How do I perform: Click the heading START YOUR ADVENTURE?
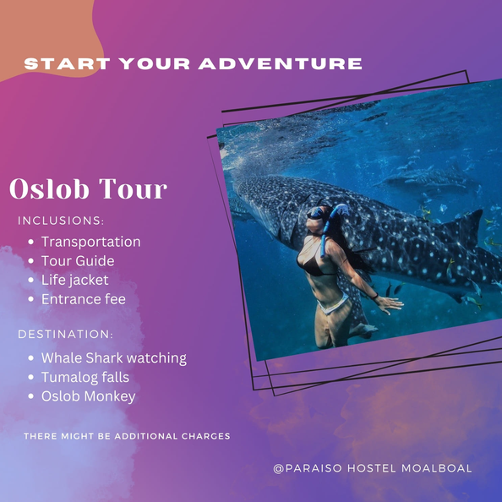point(193,63)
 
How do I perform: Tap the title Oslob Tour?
point(89,188)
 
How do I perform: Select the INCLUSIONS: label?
point(61,221)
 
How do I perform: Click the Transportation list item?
point(91,242)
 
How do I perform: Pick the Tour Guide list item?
point(78,261)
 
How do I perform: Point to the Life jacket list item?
point(75,280)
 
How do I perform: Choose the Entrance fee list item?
point(84,299)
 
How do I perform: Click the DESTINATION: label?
point(65,334)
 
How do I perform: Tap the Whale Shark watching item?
point(114,358)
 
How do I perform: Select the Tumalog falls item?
point(85,378)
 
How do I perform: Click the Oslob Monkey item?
point(89,396)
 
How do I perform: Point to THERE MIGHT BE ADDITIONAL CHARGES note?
point(127,436)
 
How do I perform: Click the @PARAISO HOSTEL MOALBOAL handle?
point(373,468)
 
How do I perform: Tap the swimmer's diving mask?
point(315,213)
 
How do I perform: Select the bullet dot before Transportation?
point(30,242)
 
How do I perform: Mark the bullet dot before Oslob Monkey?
point(30,396)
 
